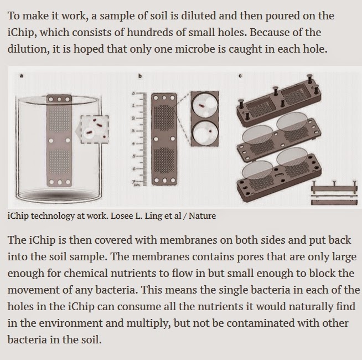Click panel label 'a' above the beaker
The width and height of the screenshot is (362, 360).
point(21,75)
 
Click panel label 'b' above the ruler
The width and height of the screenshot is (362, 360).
point(140,75)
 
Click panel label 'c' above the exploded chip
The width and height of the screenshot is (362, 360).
point(240,75)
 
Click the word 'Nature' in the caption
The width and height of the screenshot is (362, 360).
point(202,216)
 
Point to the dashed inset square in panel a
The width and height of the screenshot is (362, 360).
point(95,130)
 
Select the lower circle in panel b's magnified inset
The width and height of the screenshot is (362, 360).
point(205,133)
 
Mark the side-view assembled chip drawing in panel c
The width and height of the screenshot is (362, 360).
point(334,193)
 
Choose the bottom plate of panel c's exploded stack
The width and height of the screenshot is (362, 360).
point(279,176)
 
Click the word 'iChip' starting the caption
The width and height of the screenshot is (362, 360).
point(18,216)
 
